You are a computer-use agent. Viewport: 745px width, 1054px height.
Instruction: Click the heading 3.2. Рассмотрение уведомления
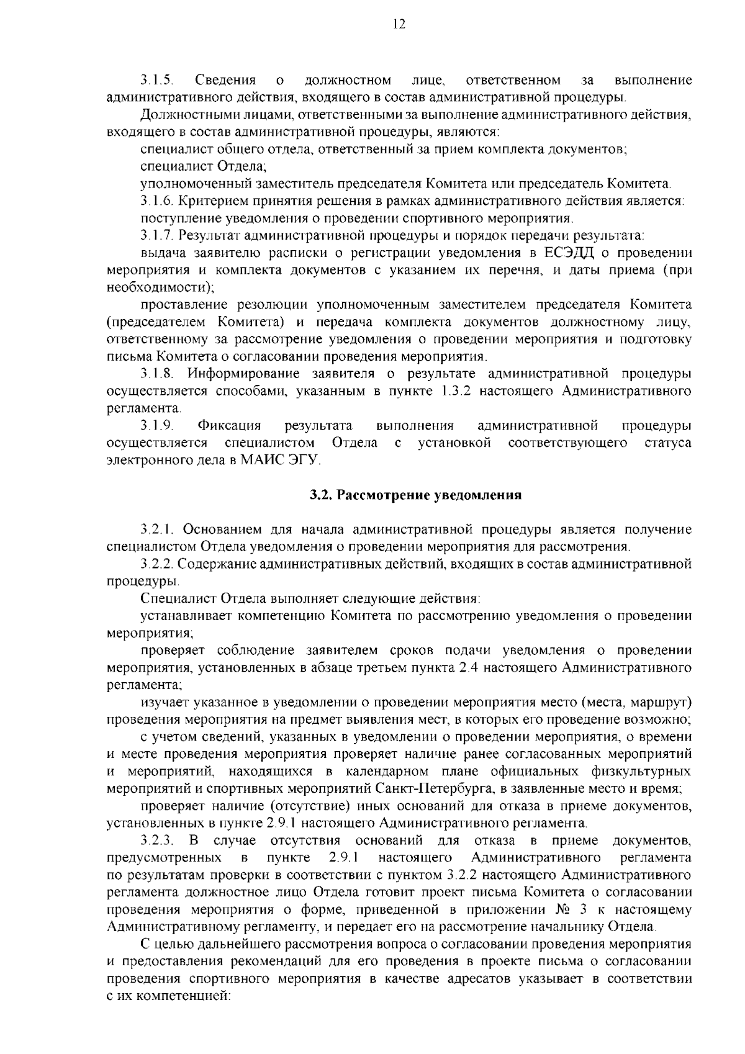coord(415,495)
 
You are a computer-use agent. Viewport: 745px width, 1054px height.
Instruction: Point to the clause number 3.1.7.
coord(156,235)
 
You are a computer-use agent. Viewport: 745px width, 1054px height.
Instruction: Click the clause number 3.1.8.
coord(156,374)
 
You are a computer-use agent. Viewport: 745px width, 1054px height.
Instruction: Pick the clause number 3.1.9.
coord(156,425)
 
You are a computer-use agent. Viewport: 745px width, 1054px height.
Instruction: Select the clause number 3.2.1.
coord(156,529)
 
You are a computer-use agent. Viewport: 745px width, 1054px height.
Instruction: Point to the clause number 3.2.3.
coord(156,840)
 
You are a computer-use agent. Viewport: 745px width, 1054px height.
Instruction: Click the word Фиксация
coord(228,425)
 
